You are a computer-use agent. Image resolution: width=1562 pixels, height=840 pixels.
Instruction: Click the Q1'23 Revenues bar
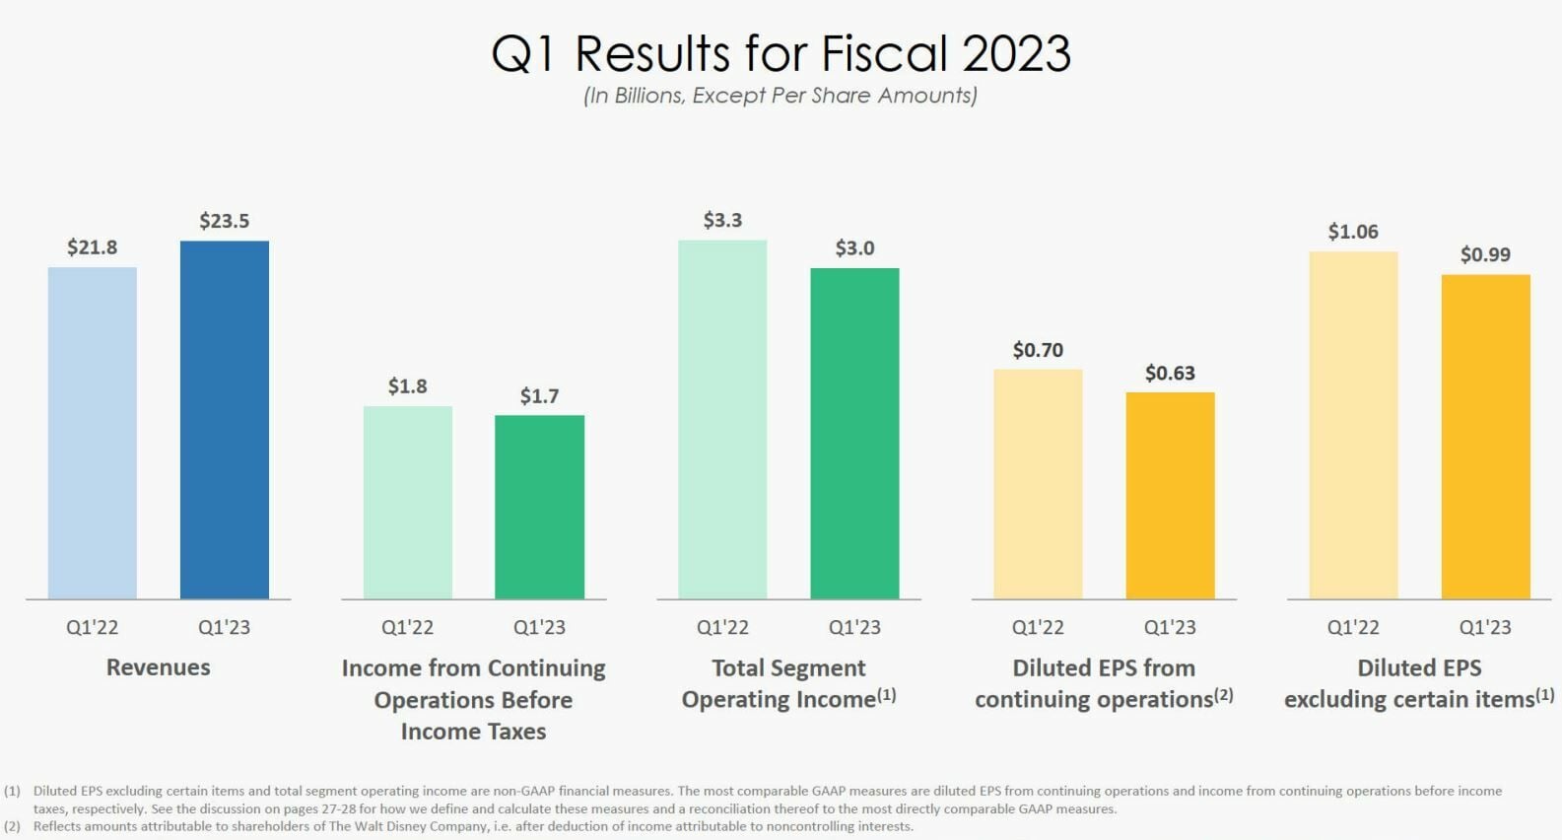point(224,419)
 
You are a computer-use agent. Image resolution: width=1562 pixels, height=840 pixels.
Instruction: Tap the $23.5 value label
point(224,221)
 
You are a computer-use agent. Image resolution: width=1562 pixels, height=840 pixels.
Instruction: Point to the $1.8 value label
point(407,385)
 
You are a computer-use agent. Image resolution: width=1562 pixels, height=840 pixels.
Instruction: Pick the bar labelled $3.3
point(722,419)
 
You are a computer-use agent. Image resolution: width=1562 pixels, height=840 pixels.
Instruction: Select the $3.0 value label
point(854,248)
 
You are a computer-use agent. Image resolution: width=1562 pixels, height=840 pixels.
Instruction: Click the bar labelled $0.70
point(1038,483)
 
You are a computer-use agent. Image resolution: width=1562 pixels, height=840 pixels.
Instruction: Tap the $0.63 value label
point(1170,373)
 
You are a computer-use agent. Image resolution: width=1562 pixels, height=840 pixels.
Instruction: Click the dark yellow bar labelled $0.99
point(1485,436)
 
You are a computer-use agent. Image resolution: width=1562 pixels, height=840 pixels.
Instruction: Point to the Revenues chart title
point(158,667)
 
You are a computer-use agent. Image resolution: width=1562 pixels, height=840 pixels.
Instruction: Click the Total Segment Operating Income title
point(788,683)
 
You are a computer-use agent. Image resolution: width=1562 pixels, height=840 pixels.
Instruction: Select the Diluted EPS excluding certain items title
point(1419,683)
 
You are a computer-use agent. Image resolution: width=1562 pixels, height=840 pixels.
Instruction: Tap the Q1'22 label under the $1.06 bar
point(1353,627)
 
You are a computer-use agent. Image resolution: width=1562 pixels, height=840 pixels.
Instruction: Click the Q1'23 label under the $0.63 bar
point(1170,627)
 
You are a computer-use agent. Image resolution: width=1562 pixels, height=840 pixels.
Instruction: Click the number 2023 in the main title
point(1016,53)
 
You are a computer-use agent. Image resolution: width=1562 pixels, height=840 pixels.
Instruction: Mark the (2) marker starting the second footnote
point(12,826)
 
